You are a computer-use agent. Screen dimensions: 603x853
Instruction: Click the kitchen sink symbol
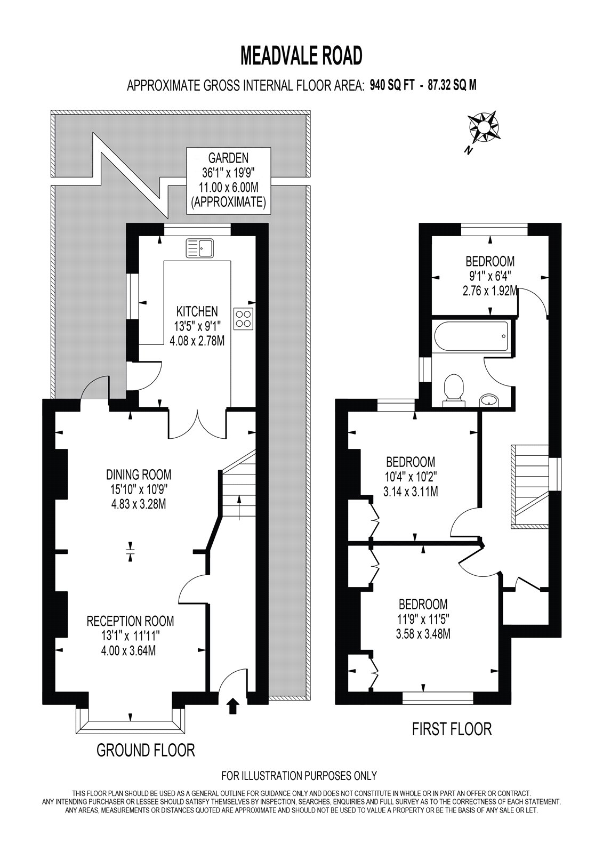click(x=200, y=248)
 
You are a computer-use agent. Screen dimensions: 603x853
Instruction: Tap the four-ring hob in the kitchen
click(x=244, y=318)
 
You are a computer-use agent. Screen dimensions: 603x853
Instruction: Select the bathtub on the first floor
click(x=471, y=337)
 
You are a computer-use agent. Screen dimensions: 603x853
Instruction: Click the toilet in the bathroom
click(x=453, y=391)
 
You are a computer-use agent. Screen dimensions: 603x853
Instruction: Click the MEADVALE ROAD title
click(x=301, y=55)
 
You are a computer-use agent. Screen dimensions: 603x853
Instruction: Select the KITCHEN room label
click(x=197, y=311)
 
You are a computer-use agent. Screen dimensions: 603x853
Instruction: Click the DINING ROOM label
click(x=139, y=474)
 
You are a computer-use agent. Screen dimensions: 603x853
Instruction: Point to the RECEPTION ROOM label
click(x=130, y=621)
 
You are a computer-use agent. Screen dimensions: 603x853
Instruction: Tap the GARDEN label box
click(x=229, y=180)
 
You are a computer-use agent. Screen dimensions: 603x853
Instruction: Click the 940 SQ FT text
click(x=392, y=86)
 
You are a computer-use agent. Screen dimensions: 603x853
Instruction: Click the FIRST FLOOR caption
click(x=452, y=729)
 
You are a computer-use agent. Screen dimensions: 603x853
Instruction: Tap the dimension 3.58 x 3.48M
click(x=423, y=634)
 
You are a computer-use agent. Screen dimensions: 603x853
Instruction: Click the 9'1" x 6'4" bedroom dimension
click(x=490, y=276)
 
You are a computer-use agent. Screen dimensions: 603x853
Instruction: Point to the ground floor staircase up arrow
click(x=239, y=508)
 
